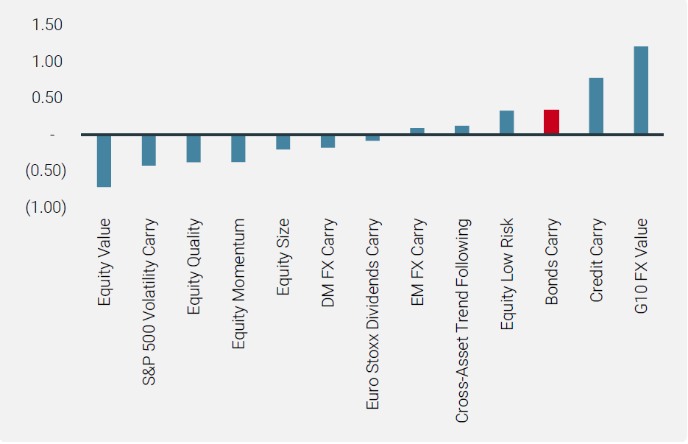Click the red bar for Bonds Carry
(551, 122)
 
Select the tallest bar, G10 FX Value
(641, 91)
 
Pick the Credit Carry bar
(596, 106)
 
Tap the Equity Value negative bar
(104, 161)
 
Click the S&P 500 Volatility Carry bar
(149, 150)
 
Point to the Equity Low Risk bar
(506, 123)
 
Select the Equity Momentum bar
(238, 148)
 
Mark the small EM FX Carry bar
(417, 132)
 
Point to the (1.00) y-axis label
(46, 208)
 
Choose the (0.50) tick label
(46, 171)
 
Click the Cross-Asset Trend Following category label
(462, 320)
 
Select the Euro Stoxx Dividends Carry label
(373, 314)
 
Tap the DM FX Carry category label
(328, 263)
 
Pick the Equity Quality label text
(194, 267)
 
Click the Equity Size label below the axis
(283, 257)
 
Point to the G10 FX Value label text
(641, 266)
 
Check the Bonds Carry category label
(552, 262)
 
